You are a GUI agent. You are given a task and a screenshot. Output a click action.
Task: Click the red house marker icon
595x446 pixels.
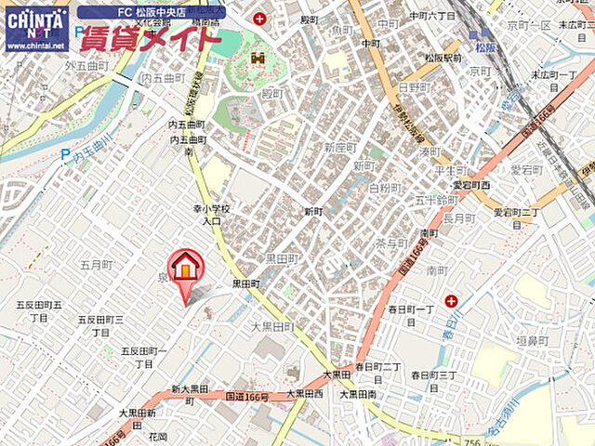coord(186,267)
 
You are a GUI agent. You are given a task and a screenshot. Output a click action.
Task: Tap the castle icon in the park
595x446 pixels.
coord(258,59)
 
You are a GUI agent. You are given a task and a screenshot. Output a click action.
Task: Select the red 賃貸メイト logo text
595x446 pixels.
coord(150,40)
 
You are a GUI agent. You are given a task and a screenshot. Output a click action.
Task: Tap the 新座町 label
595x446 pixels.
coord(340,148)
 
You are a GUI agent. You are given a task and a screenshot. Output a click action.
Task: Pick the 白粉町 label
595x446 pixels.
coord(384,188)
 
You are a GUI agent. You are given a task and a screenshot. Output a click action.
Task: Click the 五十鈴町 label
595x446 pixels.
coord(435,199)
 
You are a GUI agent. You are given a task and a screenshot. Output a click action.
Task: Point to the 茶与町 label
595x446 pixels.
coord(391,243)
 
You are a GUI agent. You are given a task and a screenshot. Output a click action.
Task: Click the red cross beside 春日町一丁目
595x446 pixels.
coord(451,300)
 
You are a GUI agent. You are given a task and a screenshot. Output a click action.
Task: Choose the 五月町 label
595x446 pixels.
coord(96,265)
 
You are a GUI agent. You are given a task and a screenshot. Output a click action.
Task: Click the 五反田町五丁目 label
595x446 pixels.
coord(38,310)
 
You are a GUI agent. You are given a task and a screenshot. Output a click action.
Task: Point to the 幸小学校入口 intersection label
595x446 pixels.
coord(211,216)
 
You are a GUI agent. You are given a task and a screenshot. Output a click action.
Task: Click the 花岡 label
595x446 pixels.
coord(156,436)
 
